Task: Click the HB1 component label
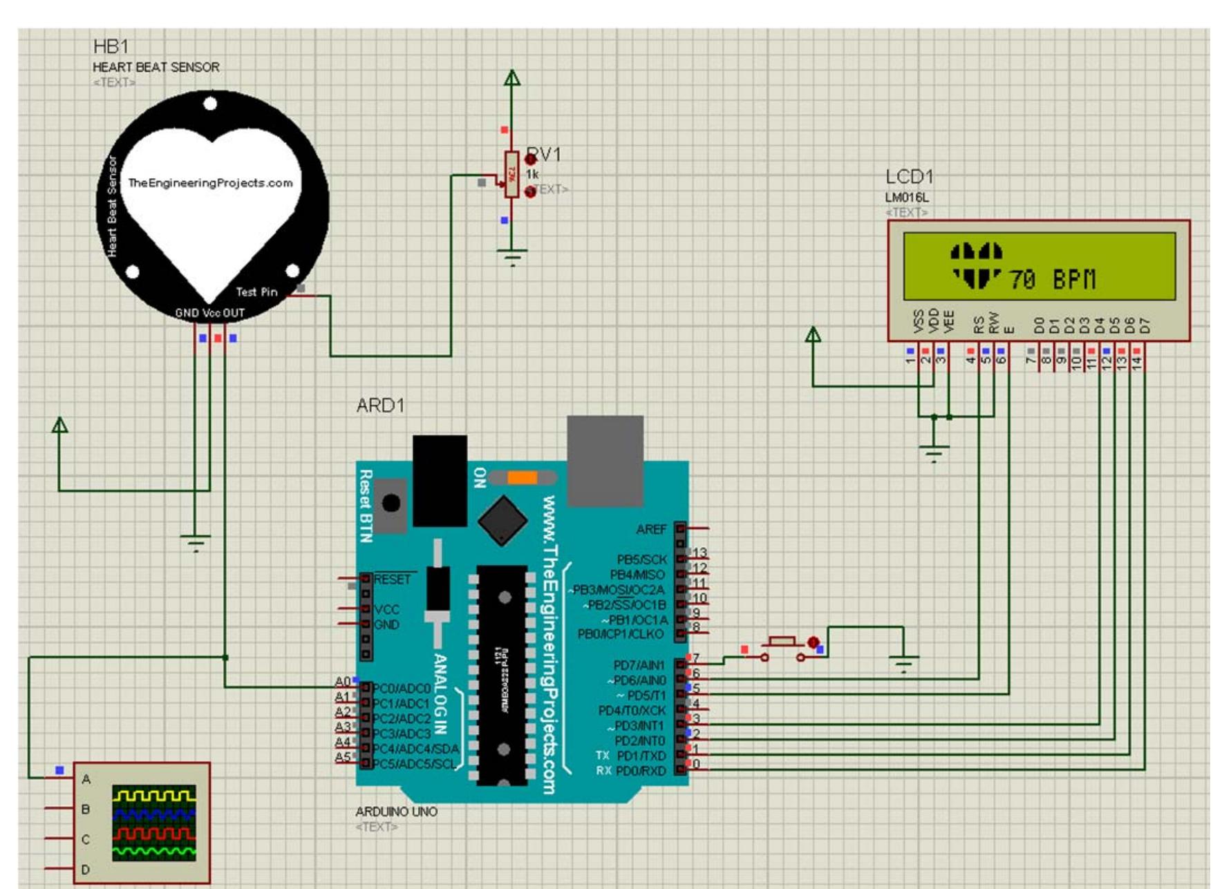111,46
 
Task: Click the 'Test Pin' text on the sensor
256,291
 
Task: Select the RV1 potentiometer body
511,175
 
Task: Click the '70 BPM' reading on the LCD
1052,280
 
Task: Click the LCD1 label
909,177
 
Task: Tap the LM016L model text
907,198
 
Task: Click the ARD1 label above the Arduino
380,405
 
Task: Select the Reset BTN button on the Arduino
391,504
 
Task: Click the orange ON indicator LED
522,478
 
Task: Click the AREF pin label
651,529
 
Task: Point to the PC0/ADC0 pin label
401,689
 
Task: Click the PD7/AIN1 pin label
639,665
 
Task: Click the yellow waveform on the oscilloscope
154,796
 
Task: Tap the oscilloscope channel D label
86,870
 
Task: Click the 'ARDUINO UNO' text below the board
396,812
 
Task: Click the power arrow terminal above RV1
511,78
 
